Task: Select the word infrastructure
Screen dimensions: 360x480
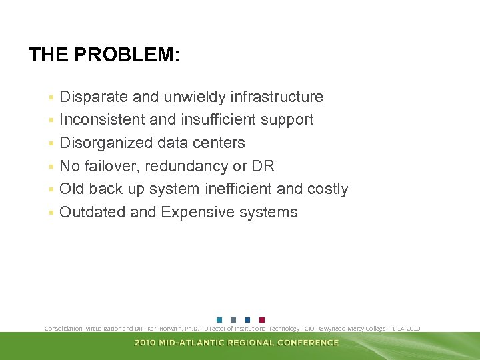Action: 277,97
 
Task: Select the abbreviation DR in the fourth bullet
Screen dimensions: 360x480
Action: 263,166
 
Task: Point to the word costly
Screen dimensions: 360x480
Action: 327,189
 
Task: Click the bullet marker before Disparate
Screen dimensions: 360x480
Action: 51,98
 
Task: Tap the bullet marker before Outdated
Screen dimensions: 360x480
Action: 51,213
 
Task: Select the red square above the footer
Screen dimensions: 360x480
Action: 262,319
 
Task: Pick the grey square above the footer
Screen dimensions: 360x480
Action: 233,319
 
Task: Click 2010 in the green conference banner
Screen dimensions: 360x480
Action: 146,343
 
